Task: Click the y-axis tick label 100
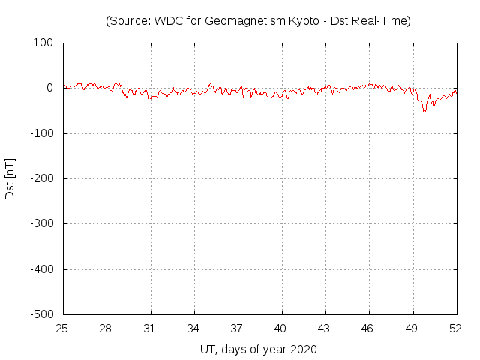click(43, 43)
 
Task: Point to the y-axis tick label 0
click(49, 88)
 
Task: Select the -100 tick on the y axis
click(41, 133)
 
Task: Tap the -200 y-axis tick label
click(41, 178)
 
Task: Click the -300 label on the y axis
click(41, 223)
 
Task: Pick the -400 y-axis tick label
click(41, 269)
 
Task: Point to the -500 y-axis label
click(41, 314)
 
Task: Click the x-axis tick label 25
click(64, 328)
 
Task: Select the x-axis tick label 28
click(107, 328)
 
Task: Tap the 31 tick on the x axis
click(151, 328)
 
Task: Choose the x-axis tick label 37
click(238, 328)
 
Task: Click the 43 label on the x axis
click(325, 328)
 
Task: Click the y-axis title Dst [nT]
click(10, 178)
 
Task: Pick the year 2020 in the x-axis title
click(303, 349)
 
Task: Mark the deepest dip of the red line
click(424, 111)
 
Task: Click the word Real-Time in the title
click(385, 21)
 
